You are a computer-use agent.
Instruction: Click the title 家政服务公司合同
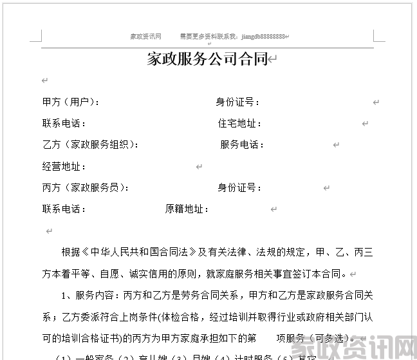(207, 60)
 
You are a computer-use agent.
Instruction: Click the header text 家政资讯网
(145, 37)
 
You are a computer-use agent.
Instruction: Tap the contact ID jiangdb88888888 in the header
(257, 37)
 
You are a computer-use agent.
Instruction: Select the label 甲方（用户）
(70, 102)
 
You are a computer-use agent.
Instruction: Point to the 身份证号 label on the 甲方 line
(237, 102)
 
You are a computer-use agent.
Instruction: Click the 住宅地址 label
(239, 123)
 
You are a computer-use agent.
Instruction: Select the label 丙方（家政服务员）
(84, 188)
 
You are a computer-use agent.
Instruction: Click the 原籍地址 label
(187, 209)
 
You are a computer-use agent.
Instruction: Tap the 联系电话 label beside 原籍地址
(63, 209)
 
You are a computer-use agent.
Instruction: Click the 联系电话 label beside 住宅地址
(63, 123)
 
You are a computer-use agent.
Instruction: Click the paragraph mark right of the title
(273, 60)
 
